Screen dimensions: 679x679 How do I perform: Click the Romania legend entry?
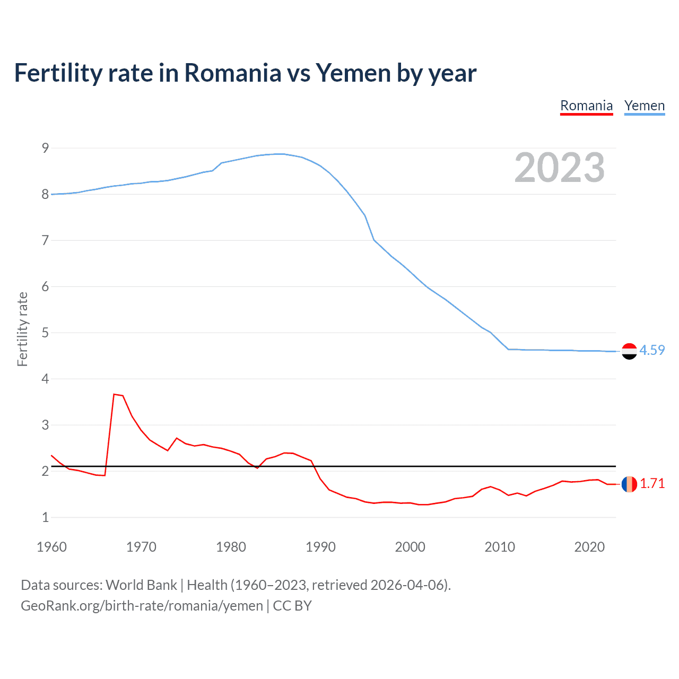click(x=586, y=106)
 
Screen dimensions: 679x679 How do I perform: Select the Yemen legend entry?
click(x=644, y=106)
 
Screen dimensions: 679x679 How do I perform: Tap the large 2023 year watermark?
click(x=559, y=168)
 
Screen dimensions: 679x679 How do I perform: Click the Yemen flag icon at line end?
click(x=629, y=351)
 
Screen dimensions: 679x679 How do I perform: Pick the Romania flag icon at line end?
click(x=629, y=484)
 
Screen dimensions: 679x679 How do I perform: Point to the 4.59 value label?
click(x=652, y=350)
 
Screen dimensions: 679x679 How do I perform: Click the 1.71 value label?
click(x=652, y=483)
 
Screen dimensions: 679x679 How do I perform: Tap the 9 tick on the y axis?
click(x=46, y=148)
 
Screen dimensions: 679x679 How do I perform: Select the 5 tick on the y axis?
click(x=46, y=333)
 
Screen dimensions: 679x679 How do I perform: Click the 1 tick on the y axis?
click(x=46, y=517)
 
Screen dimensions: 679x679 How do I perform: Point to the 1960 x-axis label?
click(x=51, y=547)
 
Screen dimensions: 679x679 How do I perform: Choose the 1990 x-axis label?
click(x=320, y=547)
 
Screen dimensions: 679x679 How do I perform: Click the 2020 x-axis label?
click(x=589, y=547)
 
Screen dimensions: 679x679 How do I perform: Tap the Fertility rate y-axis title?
click(x=22, y=329)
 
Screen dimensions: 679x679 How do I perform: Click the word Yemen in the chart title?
click(x=354, y=73)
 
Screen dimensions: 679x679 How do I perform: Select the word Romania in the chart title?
click(x=232, y=73)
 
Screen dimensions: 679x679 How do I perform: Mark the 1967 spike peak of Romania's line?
click(x=114, y=394)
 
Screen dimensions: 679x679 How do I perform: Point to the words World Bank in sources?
click(x=141, y=585)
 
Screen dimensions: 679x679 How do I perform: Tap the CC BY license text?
click(x=292, y=606)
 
